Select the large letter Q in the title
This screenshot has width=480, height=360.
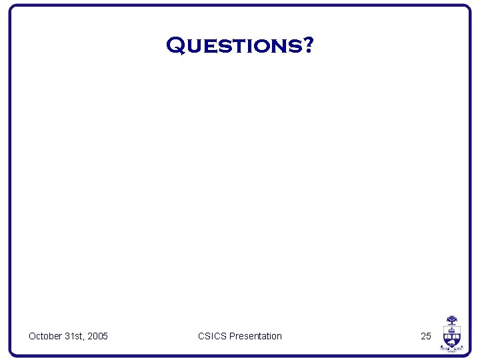175,45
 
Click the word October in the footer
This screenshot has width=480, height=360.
45,336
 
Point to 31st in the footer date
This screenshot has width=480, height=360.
75,336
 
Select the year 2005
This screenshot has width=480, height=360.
97,336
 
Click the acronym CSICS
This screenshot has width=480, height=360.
212,336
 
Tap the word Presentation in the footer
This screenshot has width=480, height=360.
255,336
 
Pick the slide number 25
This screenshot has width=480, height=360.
426,336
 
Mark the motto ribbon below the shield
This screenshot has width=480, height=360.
451,349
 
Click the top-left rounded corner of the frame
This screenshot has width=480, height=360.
12,9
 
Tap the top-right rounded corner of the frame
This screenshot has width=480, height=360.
467,9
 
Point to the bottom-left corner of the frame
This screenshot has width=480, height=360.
12,353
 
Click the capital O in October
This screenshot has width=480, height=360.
32,336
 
